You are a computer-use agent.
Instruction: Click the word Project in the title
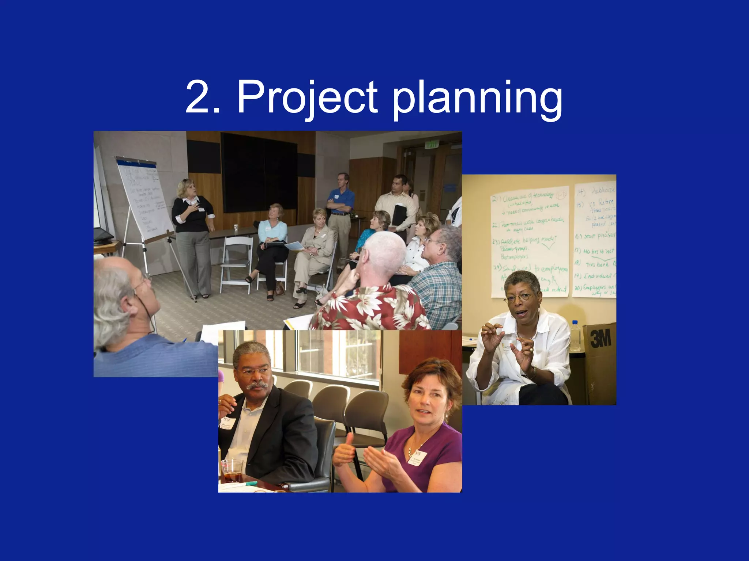(307, 98)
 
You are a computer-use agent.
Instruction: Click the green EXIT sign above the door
(432, 145)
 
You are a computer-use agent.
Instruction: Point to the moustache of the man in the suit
(257, 385)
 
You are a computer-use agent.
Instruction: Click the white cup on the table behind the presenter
(236, 228)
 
